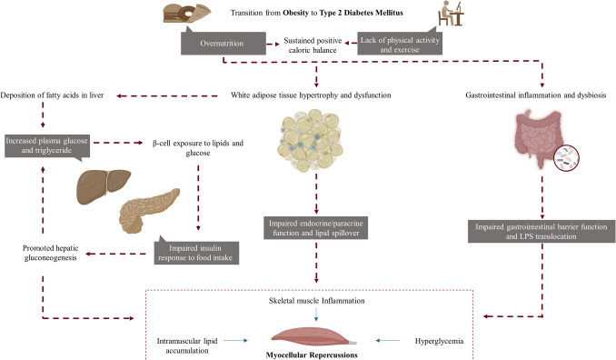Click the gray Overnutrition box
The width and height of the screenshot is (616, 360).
pyautogui.click(x=224, y=44)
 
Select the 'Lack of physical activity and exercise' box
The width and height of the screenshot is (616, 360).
pyautogui.click(x=400, y=45)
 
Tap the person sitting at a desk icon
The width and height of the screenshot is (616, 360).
pyautogui.click(x=451, y=14)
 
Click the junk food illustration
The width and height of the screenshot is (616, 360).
pyautogui.click(x=187, y=14)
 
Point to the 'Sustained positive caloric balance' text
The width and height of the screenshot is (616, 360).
pyautogui.click(x=313, y=45)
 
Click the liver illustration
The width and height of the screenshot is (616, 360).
pyautogui.click(x=104, y=186)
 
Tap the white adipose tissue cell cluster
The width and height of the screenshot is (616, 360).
pyautogui.click(x=311, y=140)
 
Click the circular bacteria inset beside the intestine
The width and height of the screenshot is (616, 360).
pyautogui.click(x=566, y=158)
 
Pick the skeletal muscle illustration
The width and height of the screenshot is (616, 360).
pyautogui.click(x=314, y=337)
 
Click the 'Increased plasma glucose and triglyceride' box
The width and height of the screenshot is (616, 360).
pyautogui.click(x=47, y=145)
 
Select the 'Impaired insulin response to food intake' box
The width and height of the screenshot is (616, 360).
pyautogui.click(x=196, y=252)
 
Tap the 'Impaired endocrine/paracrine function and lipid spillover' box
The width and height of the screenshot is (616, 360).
pyautogui.click(x=316, y=228)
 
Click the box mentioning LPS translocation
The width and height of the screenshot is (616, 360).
pyautogui.click(x=541, y=232)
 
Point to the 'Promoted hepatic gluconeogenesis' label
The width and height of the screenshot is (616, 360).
pyautogui.click(x=50, y=253)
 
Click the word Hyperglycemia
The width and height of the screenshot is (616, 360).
pyautogui.click(x=439, y=341)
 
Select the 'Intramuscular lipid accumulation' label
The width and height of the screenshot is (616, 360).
pyautogui.click(x=187, y=345)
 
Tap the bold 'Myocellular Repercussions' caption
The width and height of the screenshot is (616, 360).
pyautogui.click(x=312, y=355)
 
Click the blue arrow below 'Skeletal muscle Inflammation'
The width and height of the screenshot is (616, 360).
pyautogui.click(x=316, y=314)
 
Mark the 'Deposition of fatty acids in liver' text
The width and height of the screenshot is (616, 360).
pyautogui.click(x=52, y=95)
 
